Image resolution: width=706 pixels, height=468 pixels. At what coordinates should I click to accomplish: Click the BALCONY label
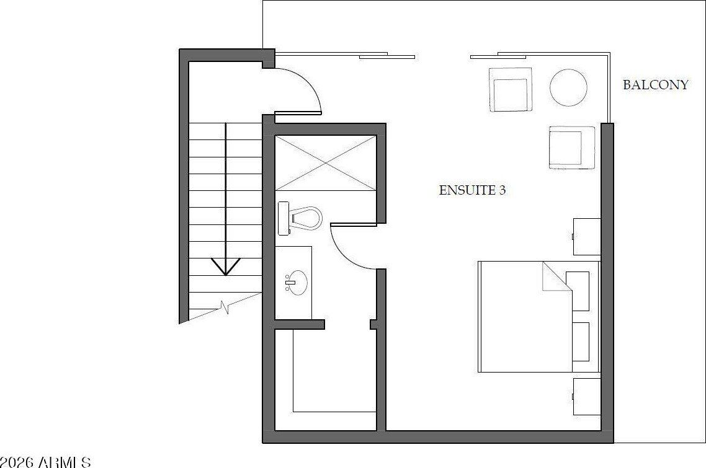655,85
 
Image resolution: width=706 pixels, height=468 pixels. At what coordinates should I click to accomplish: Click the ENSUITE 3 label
472,190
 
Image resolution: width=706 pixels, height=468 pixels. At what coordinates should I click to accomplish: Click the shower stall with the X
326,162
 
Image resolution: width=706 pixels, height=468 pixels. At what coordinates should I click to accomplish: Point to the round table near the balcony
568,87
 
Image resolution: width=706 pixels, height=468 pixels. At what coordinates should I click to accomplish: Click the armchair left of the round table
511,89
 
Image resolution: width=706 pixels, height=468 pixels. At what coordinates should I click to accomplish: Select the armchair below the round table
571,148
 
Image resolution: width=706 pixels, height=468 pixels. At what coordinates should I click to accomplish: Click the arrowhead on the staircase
226,267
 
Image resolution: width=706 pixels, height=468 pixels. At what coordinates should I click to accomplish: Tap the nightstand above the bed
586,236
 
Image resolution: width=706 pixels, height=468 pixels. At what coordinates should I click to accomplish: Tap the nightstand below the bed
586,396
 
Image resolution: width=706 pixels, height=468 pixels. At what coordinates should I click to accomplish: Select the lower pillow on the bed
579,342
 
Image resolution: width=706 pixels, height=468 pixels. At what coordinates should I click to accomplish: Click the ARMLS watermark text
47,462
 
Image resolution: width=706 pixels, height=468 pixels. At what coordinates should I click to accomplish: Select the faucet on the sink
289,283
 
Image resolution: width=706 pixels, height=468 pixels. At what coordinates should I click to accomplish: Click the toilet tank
284,218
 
